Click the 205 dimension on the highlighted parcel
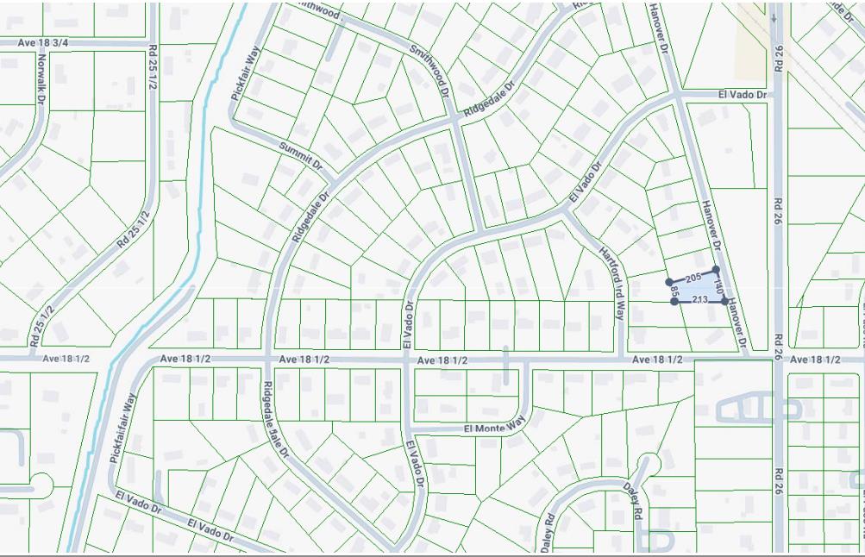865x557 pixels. click(x=693, y=278)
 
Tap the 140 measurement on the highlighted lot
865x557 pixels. click(x=718, y=285)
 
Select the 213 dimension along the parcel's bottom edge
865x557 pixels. click(x=699, y=299)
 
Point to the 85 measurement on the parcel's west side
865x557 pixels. click(x=673, y=292)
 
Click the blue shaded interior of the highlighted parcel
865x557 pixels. click(x=700, y=288)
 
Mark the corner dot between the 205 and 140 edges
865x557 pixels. click(x=716, y=270)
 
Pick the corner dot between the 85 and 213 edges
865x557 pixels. click(x=674, y=302)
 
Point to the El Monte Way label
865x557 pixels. click(x=494, y=427)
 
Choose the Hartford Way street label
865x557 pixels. click(x=611, y=282)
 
